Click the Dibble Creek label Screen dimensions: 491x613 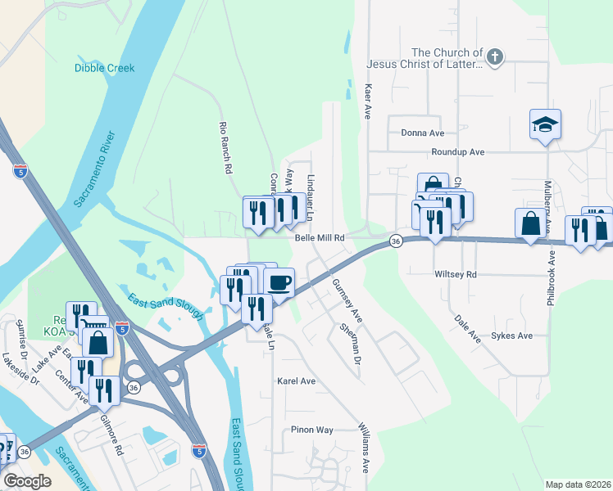coord(104,68)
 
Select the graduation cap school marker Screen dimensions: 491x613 coord(545,125)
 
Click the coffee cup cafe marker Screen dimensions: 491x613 coord(279,283)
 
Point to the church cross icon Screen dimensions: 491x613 coord(493,56)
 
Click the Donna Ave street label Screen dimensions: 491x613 coord(422,133)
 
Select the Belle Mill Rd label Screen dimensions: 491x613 coord(318,237)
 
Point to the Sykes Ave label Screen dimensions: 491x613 coord(511,336)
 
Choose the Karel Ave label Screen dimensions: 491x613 coord(296,381)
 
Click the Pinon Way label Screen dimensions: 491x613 coord(312,430)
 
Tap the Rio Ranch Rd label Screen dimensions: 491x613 coord(223,148)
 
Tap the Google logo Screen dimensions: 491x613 coord(28,481)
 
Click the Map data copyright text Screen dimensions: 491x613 coord(577,484)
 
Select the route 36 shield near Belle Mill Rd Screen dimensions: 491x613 coord(396,241)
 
